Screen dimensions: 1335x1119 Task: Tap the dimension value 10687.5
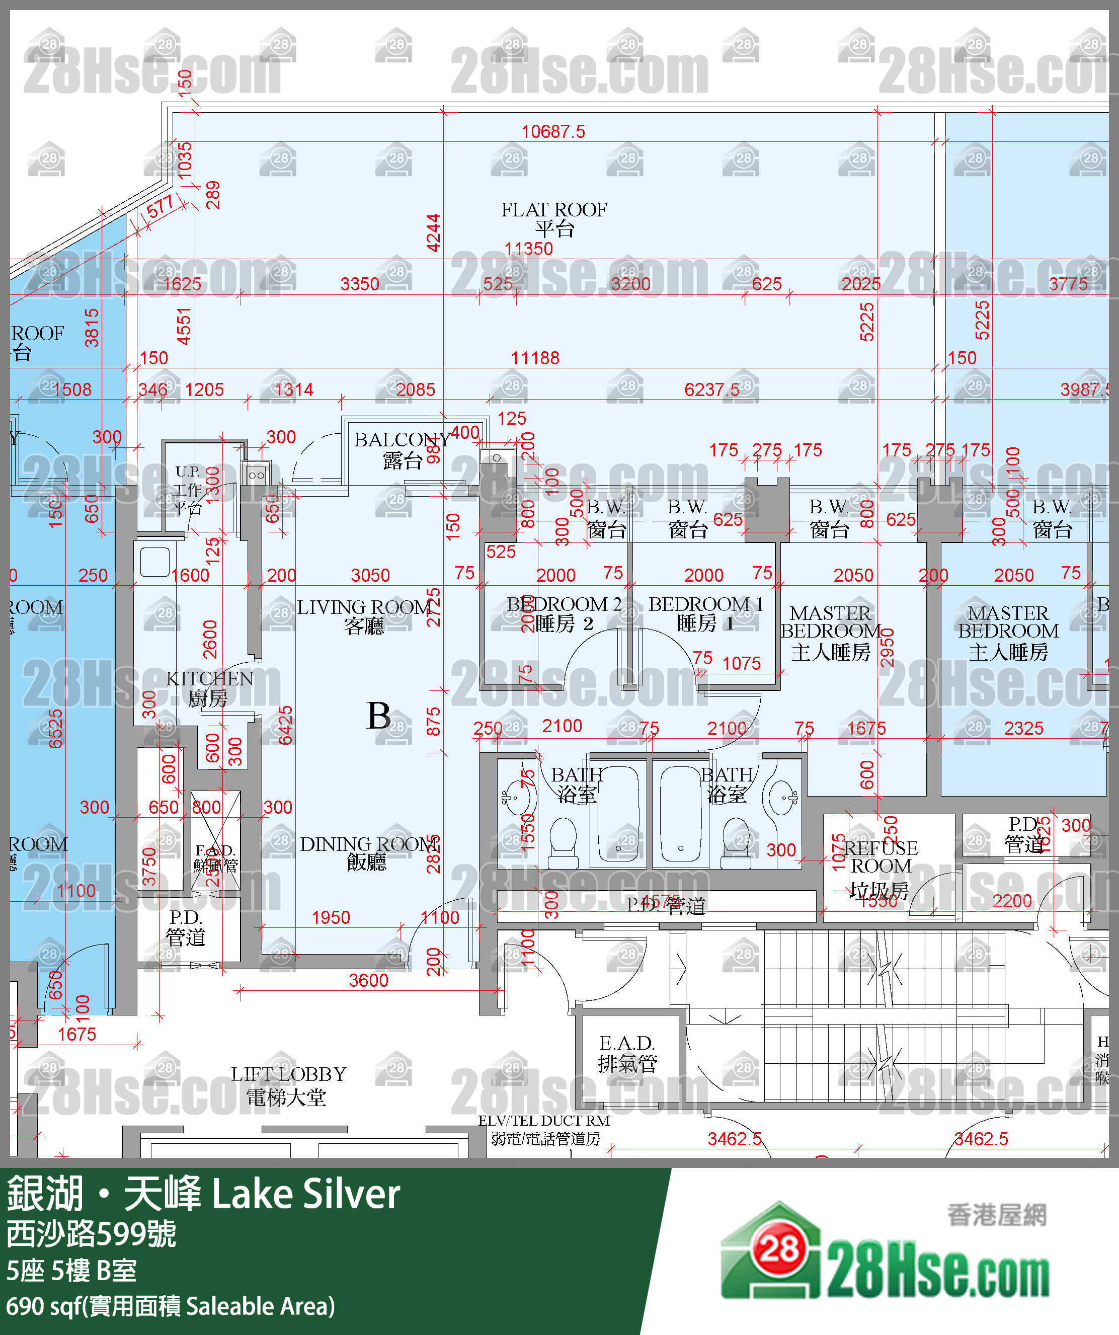click(553, 132)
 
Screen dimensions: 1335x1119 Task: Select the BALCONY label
click(402, 449)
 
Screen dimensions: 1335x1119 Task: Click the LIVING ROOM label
click(364, 615)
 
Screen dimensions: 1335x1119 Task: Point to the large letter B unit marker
click(379, 716)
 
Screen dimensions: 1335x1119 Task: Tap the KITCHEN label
click(209, 688)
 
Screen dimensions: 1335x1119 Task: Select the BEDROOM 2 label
click(564, 613)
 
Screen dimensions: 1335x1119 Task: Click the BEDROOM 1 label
click(705, 613)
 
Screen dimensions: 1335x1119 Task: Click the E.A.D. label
click(627, 1053)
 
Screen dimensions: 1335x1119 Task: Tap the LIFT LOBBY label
click(288, 1085)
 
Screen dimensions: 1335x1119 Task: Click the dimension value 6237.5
click(711, 389)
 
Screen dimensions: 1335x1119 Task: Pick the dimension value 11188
click(535, 358)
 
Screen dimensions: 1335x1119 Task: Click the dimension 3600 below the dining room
click(368, 980)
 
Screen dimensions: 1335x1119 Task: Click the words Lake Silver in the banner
click(306, 1195)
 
